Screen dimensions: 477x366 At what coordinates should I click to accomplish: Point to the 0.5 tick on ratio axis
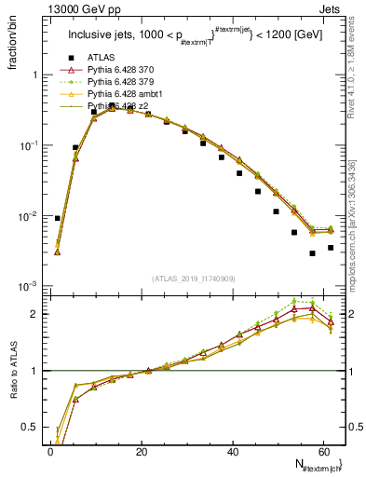pos(30,429)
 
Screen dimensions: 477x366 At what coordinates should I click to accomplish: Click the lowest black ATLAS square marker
pos(313,253)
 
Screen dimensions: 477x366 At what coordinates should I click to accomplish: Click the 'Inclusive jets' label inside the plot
pos(102,36)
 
